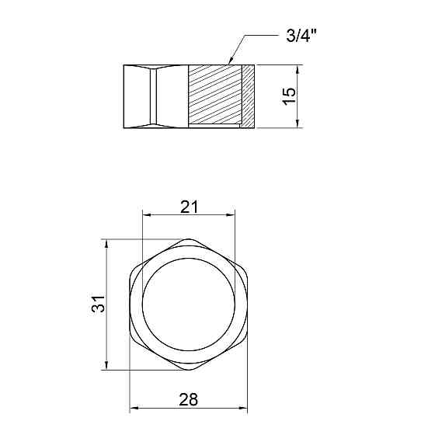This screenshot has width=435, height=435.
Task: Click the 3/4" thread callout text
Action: click(301, 36)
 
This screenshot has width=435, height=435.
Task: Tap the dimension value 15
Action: click(289, 96)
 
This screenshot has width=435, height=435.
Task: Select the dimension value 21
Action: click(190, 207)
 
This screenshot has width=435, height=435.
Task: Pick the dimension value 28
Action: click(189, 399)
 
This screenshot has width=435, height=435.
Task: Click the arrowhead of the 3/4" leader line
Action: click(230, 61)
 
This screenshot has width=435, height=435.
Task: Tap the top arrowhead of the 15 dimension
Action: click(298, 69)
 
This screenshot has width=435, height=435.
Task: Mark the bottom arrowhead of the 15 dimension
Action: click(298, 124)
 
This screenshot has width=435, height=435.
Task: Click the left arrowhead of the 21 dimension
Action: click(146, 214)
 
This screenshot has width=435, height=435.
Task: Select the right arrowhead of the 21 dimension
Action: click(231, 214)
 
